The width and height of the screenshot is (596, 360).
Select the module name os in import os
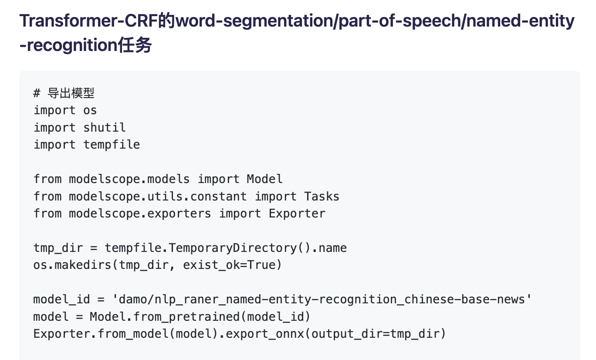(x=90, y=110)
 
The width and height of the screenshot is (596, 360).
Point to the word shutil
(x=105, y=127)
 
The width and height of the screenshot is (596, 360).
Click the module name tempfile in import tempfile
(x=112, y=144)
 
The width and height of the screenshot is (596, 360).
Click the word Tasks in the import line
(x=322, y=196)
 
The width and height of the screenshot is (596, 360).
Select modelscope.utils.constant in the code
(x=158, y=196)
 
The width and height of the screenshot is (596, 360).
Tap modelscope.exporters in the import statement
(x=140, y=213)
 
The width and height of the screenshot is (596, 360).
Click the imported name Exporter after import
(x=297, y=213)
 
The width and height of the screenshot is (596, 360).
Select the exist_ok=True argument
(x=229, y=265)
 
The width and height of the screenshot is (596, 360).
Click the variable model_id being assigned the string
(x=62, y=299)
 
